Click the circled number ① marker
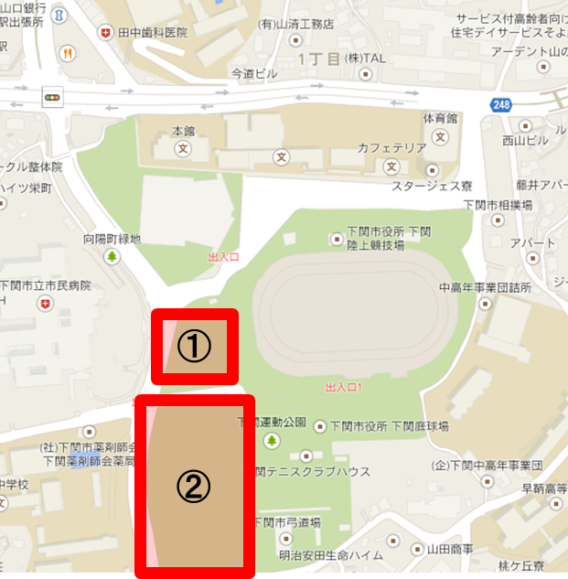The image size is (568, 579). point(193,346)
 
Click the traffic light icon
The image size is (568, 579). point(52,95)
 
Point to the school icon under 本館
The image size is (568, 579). point(183,146)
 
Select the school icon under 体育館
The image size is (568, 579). point(442,137)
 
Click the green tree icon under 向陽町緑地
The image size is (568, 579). point(113,256)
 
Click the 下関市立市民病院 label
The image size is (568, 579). point(48,285)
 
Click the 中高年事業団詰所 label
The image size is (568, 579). point(485,287)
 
